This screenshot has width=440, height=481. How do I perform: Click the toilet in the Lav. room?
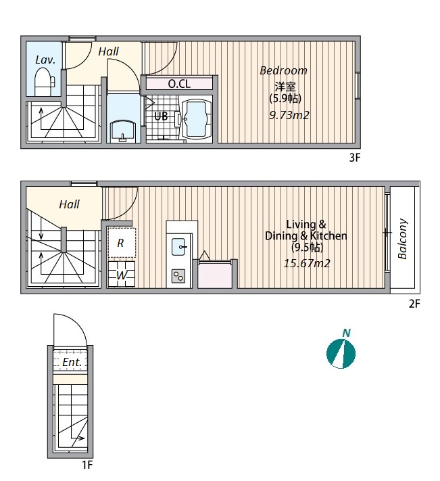44,82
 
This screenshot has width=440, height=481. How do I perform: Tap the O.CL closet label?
179,84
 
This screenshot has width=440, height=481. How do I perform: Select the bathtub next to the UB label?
197,119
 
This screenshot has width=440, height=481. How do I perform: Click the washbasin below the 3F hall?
123,131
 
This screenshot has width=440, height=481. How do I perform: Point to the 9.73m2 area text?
289,115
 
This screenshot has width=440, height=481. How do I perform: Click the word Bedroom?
283,70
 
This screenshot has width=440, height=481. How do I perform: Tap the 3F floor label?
355,158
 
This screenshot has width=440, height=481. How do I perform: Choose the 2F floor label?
414,304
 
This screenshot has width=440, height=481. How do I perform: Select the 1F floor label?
87,465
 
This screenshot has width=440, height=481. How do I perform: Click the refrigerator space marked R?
122,243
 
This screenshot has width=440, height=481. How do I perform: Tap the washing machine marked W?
122,275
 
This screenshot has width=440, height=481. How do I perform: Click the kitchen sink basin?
178,247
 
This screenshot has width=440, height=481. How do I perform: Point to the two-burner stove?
178,277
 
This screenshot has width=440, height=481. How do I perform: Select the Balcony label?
403,239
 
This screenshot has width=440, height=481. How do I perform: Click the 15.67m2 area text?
307,264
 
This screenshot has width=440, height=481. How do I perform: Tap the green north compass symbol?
341,353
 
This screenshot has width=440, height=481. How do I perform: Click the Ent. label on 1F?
72,363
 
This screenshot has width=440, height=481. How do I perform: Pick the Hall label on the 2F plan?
69,204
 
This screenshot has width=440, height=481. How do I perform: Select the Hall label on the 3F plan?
108,51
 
